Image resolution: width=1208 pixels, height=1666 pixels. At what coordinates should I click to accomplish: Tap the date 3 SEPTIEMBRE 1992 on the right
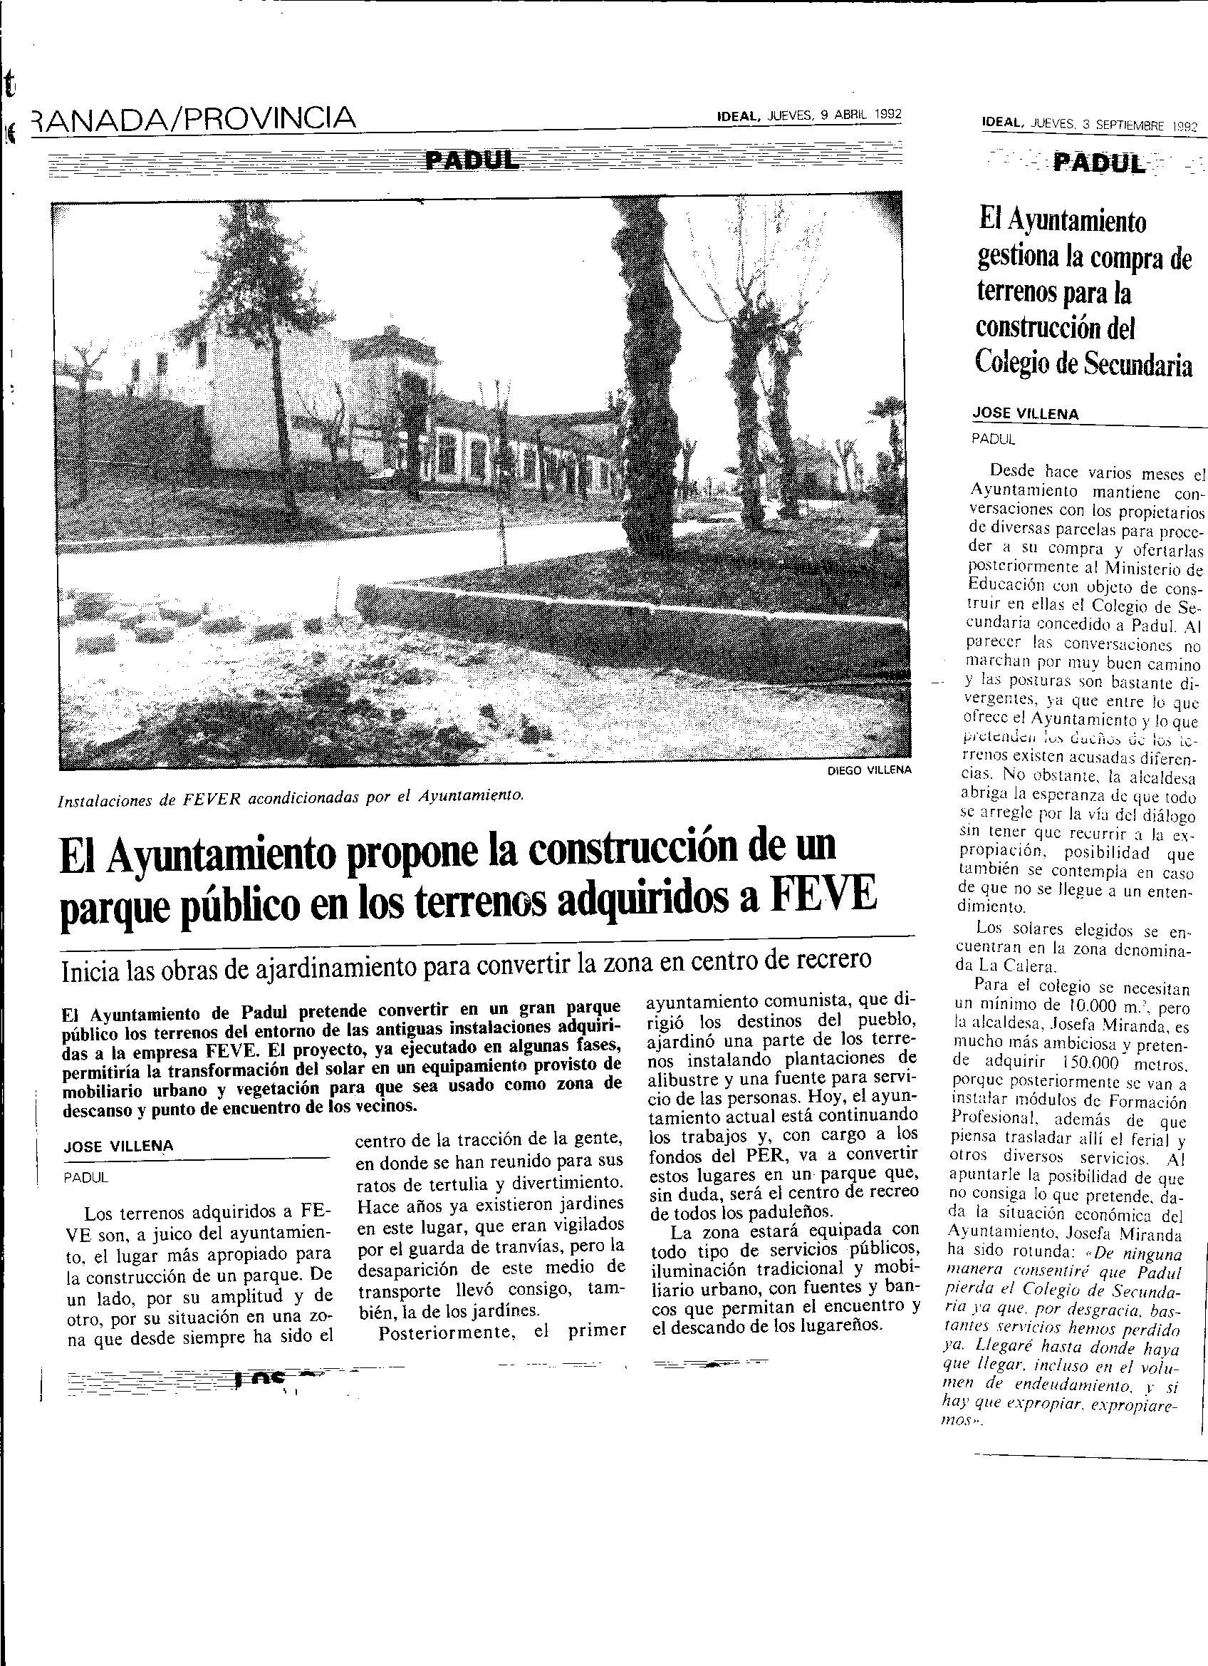click(1135, 125)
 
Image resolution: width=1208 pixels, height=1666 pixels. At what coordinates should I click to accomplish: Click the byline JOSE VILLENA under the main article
click(119, 1147)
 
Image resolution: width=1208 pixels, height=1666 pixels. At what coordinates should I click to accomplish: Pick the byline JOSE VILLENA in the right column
click(1025, 413)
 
